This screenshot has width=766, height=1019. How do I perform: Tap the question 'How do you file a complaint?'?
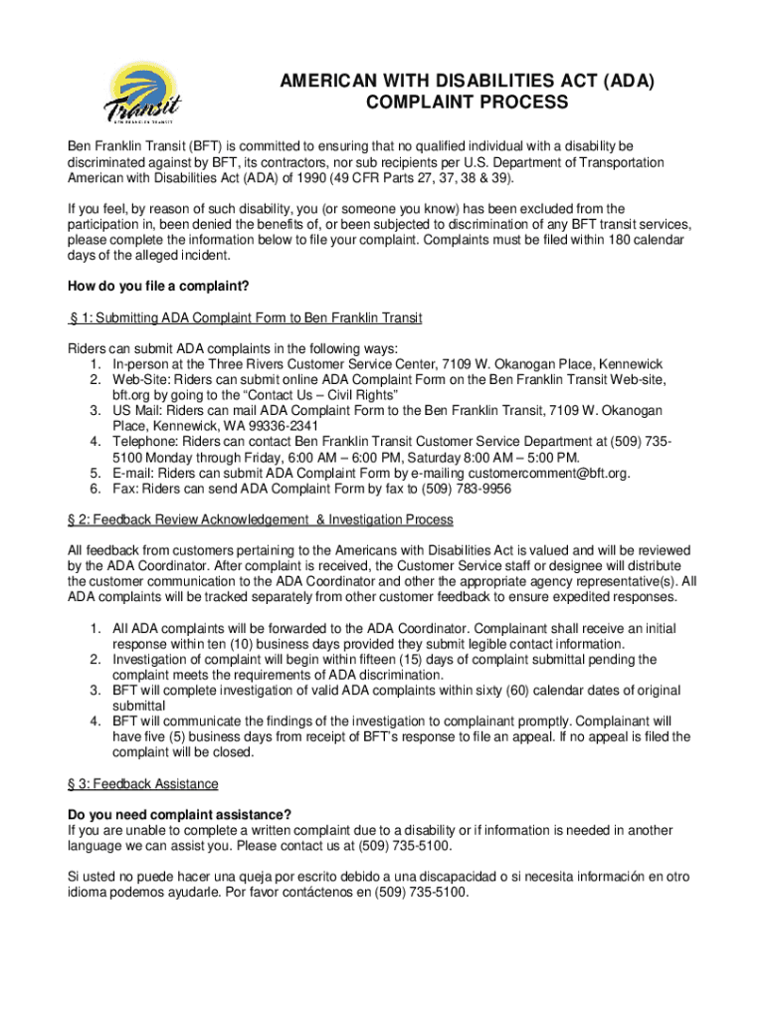157,288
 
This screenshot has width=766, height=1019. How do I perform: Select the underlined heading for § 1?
245,317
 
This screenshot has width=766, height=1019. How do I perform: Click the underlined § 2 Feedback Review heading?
261,519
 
